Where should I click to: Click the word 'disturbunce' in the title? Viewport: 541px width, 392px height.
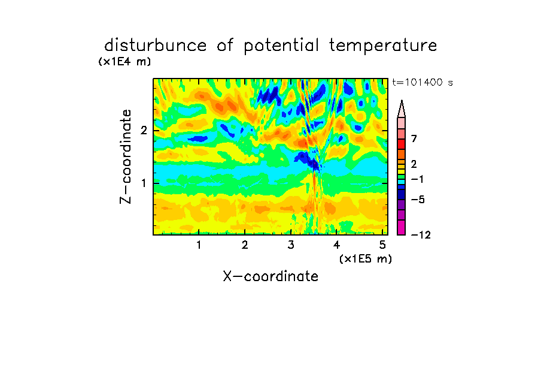tap(156, 45)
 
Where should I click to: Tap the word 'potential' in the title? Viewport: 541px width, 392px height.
tap(281, 46)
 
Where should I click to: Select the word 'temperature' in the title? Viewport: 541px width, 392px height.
tap(383, 46)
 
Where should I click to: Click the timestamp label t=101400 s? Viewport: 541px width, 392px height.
tap(423, 82)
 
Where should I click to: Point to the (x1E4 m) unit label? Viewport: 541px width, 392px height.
tap(124, 62)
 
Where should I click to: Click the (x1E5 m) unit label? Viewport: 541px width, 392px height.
tap(366, 258)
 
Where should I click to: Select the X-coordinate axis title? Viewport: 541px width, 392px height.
tap(270, 276)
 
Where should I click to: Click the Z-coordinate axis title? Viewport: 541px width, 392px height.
tap(126, 156)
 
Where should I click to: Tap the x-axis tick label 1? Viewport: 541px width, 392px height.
tap(199, 245)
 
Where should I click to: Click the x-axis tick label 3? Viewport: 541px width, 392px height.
tap(291, 245)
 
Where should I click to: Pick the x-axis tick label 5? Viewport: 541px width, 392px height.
tap(382, 245)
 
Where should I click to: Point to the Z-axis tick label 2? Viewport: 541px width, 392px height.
tap(144, 131)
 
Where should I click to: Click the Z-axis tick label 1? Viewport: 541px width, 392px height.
tap(144, 183)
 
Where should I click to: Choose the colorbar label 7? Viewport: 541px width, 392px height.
tap(414, 138)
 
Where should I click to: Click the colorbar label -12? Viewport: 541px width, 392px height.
tap(421, 235)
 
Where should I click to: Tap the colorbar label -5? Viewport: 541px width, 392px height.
tap(418, 200)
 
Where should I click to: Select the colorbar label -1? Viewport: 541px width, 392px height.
tap(417, 179)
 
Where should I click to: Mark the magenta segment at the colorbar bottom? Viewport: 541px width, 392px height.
tap(402, 227)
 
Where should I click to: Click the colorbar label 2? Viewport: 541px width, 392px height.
tap(414, 164)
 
